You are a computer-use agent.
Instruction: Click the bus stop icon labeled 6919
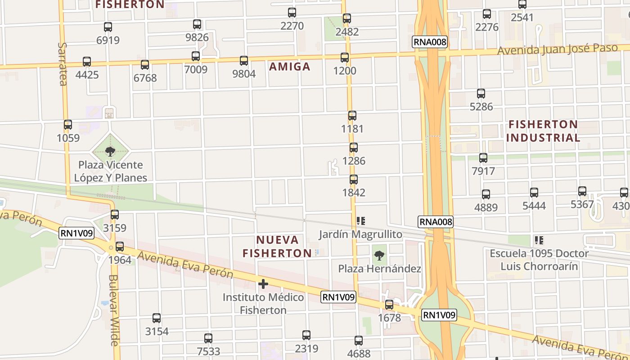pos(108,27)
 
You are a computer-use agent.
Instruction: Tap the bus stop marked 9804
pos(244,60)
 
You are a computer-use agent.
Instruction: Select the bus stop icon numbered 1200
pos(345,58)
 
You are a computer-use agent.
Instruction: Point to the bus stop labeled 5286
pos(481,94)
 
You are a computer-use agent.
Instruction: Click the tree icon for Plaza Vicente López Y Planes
pos(110,152)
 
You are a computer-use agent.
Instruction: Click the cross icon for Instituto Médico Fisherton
pos(263,284)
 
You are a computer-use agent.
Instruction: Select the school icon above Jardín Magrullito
pos(360,220)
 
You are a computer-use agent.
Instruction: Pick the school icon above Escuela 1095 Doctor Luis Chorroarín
pos(539,240)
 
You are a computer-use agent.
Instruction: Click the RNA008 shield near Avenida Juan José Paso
pos(430,42)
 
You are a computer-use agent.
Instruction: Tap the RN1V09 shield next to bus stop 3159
pos(76,233)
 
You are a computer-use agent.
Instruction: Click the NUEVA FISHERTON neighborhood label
pos(277,246)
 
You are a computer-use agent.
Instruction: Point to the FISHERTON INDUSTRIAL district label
pos(543,131)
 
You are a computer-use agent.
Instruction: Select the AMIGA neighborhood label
pos(290,67)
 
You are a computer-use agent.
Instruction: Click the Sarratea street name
pos(63,64)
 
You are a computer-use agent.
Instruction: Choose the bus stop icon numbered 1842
pos(354,180)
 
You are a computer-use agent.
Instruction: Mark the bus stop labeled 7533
pos(208,338)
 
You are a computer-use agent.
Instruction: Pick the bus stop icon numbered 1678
pos(389,305)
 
